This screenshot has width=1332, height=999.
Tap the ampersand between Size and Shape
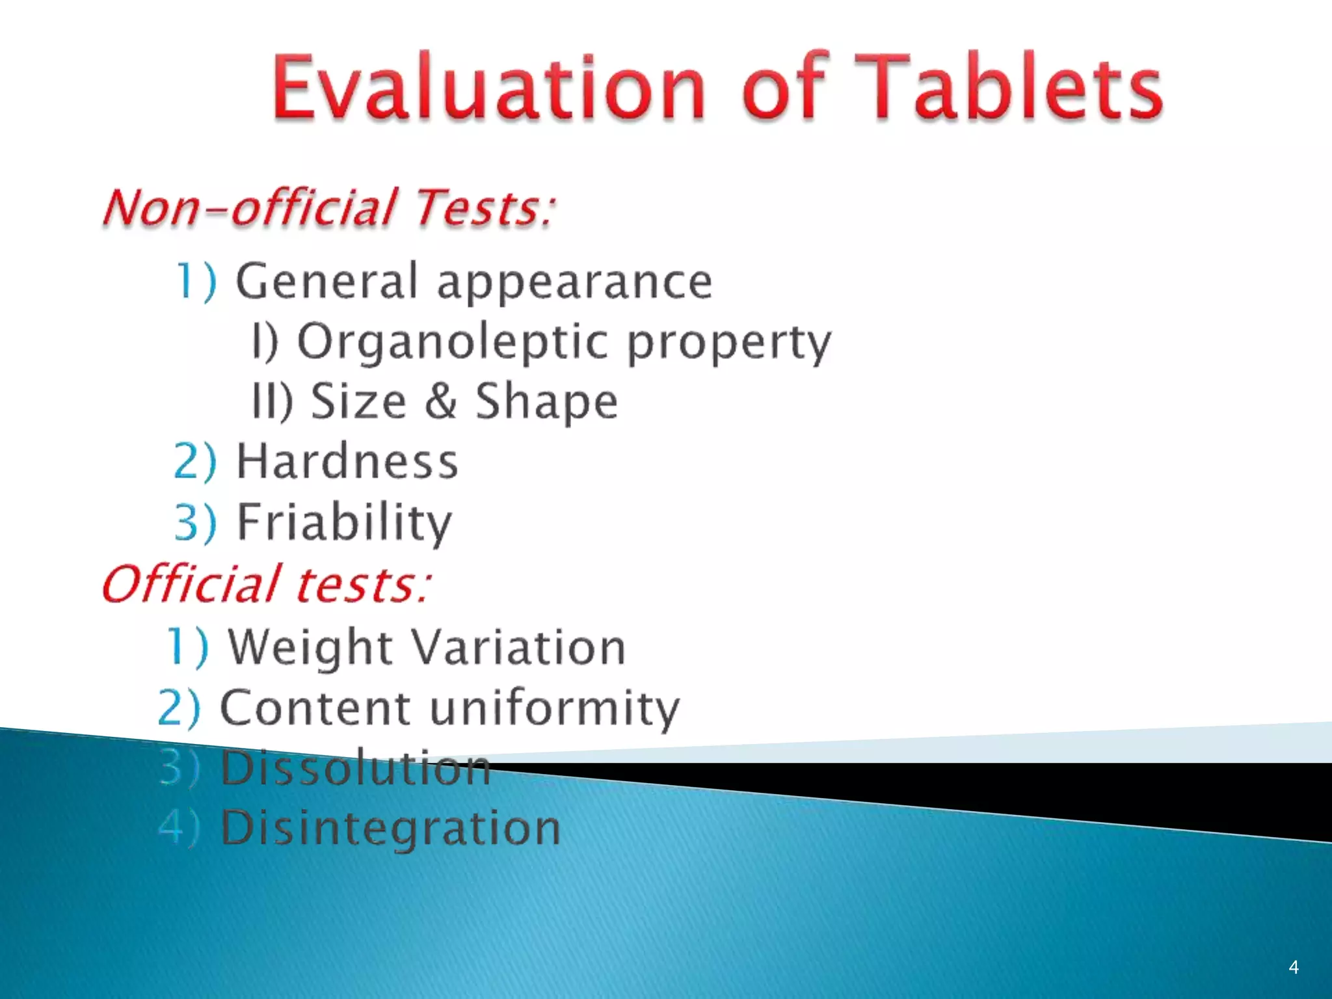(441, 401)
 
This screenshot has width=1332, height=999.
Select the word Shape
(546, 402)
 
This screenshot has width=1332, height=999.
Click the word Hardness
(347, 461)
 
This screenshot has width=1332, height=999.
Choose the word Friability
(344, 522)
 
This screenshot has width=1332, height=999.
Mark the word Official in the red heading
(192, 583)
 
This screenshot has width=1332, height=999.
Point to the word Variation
(519, 648)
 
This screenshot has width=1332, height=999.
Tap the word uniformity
(555, 708)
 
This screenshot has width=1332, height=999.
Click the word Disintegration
(390, 828)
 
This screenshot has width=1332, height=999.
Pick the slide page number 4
(1294, 967)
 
